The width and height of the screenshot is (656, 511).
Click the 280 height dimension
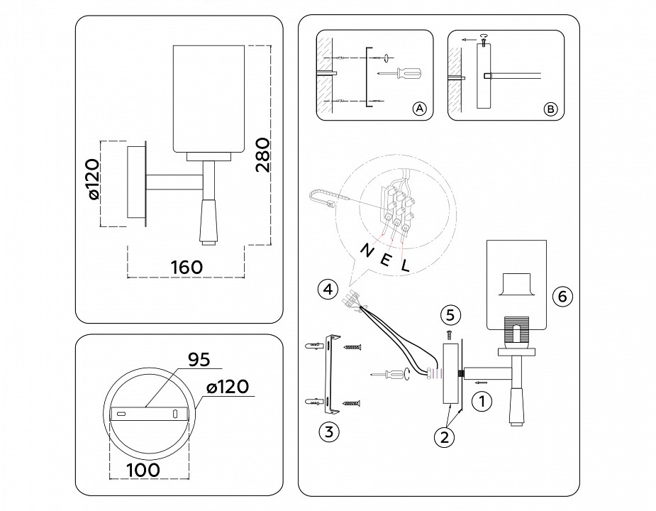[x=262, y=155]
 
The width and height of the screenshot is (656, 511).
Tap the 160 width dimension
[x=187, y=268]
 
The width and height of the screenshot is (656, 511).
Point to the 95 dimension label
[x=199, y=361]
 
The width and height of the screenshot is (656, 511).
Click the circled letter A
[x=418, y=109]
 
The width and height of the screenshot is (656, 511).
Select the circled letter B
[x=550, y=109]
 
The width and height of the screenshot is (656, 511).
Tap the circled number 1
[x=481, y=402]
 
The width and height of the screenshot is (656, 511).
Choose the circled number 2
[x=444, y=437]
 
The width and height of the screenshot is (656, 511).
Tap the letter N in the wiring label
[x=366, y=251]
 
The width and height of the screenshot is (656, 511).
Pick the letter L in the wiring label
[x=406, y=267]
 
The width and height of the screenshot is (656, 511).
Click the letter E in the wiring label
[x=386, y=259]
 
